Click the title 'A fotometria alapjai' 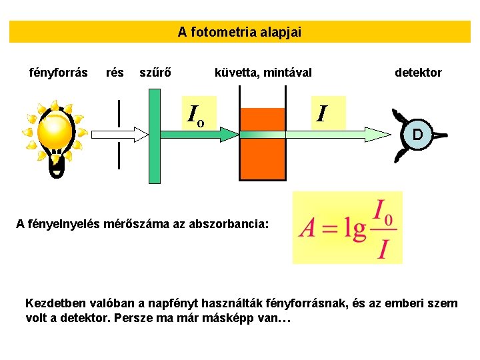(239, 31)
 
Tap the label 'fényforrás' (59, 72)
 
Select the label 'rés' (115, 72)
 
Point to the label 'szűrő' (154, 72)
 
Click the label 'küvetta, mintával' (263, 72)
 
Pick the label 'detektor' (418, 72)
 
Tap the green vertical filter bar (155, 135)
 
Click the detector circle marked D (417, 135)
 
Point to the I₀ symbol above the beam (195, 116)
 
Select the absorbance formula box (347, 227)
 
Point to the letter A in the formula (307, 229)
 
